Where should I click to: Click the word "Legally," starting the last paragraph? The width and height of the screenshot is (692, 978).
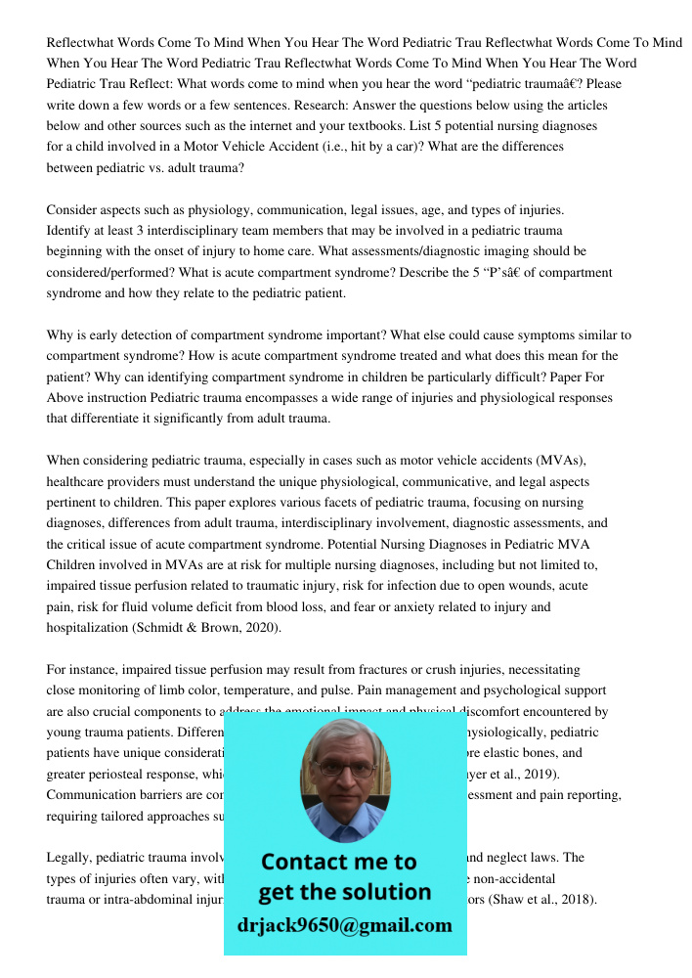point(71,858)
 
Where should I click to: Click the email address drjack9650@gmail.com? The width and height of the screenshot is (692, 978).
point(345,926)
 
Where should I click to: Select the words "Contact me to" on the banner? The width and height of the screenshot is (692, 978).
point(339,862)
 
